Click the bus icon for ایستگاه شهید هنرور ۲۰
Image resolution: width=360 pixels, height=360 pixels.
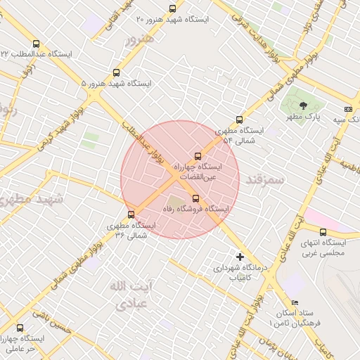[173, 8]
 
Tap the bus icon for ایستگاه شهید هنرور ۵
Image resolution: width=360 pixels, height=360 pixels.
[116, 72]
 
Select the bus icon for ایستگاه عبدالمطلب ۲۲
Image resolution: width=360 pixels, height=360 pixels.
[37, 44]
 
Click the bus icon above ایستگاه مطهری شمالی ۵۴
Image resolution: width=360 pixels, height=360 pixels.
[240, 120]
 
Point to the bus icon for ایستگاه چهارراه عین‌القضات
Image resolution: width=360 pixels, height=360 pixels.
[197, 156]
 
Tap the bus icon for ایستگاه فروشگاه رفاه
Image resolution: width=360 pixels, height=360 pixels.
[195, 198]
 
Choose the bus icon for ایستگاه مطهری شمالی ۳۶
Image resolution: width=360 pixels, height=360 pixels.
[131, 215]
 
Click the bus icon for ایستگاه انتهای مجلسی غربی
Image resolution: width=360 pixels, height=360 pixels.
[323, 232]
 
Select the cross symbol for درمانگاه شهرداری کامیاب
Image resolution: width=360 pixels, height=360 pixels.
[240, 257]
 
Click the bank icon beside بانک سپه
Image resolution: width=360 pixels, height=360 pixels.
[348, 109]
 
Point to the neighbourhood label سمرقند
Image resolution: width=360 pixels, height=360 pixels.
[265, 180]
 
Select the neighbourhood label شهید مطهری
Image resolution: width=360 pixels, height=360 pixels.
[32, 198]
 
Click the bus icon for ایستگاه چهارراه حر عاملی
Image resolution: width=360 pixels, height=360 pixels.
[19, 328]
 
